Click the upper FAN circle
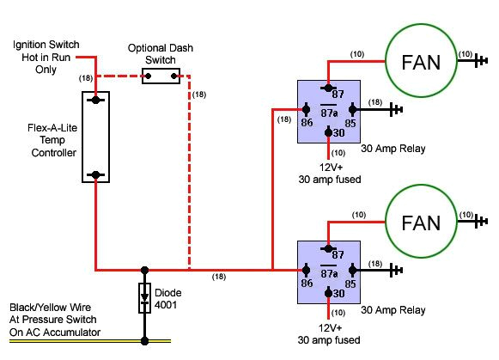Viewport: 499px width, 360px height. (x=421, y=61)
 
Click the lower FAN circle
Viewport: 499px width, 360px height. (x=421, y=223)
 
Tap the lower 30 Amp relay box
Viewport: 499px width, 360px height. (x=327, y=271)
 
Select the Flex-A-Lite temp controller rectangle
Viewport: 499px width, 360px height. (x=95, y=137)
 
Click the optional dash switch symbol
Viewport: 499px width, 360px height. (x=162, y=77)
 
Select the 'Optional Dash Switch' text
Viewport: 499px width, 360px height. (x=161, y=54)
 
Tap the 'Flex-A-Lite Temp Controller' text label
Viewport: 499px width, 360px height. (x=52, y=140)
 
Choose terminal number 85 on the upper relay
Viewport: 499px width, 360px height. (x=350, y=124)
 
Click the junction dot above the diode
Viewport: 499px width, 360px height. (x=143, y=270)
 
